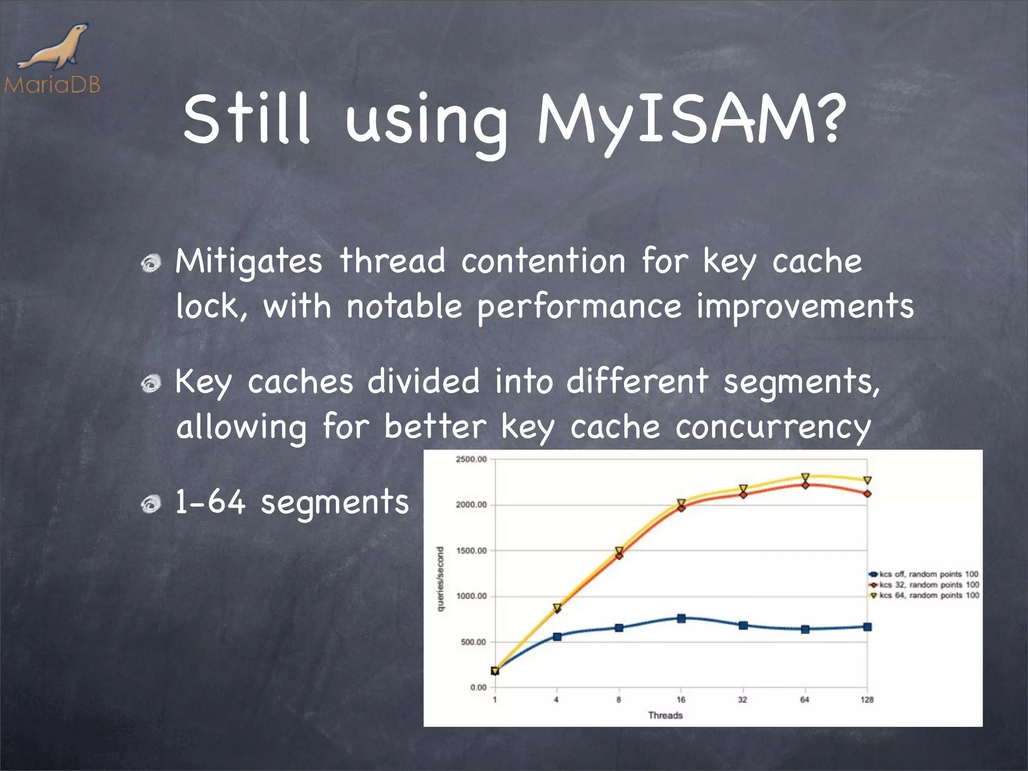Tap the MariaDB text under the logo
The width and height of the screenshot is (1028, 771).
tap(52, 84)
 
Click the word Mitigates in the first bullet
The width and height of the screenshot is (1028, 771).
tap(248, 262)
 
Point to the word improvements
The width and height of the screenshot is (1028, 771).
tap(805, 307)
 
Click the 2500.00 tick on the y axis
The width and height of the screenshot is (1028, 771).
tap(471, 459)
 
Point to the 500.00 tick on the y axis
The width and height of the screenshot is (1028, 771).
tap(473, 642)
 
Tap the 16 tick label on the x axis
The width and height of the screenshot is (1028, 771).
tap(681, 700)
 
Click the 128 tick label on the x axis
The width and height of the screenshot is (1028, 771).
tap(867, 700)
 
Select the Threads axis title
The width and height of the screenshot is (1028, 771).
tap(665, 715)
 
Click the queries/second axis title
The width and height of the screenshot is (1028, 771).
tap(440, 579)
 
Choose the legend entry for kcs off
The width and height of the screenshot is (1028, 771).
tap(924, 574)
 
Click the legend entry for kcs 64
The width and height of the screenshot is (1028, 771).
tap(924, 595)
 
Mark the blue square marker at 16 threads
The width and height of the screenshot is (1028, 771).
tap(681, 618)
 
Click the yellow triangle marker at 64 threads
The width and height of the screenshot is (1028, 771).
tap(805, 477)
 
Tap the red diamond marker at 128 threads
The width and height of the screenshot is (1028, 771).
tap(867, 494)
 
